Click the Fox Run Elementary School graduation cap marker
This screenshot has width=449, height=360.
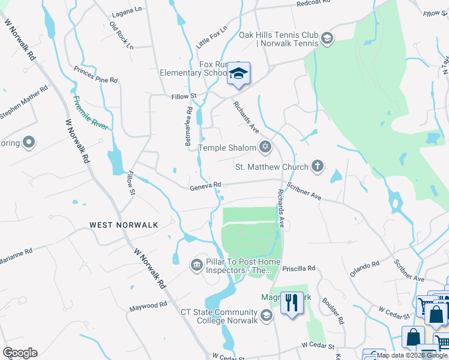238,74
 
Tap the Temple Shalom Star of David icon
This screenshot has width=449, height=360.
265,147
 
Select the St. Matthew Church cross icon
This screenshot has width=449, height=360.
318,166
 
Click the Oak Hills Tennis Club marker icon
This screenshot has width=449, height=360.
327,40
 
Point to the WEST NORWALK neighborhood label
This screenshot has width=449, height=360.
124,225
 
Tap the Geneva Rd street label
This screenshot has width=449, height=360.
205,187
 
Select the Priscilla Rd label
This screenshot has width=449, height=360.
302,268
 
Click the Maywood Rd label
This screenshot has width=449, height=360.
148,307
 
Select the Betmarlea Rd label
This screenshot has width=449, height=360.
188,127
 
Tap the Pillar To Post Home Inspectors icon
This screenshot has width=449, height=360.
196,265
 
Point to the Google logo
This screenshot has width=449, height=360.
20,353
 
